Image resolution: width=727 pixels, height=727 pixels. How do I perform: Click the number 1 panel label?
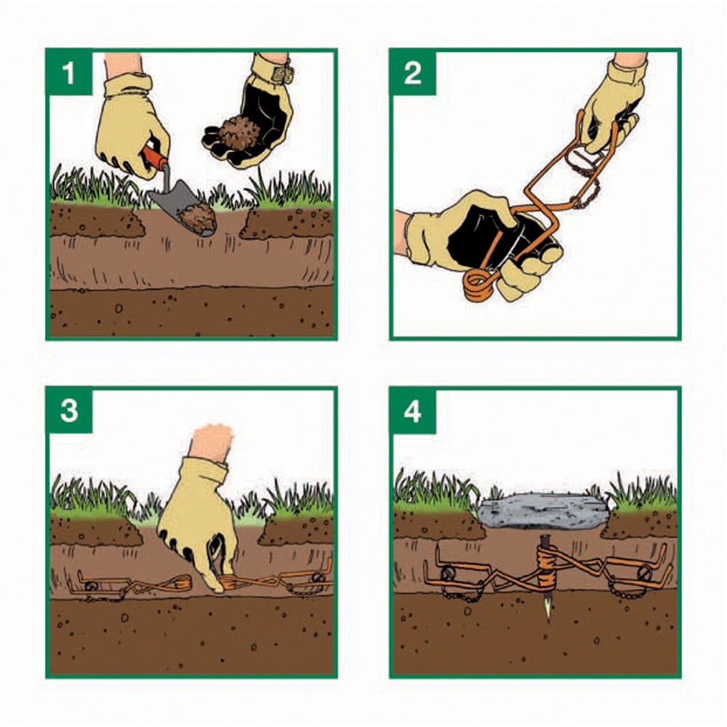pos(68,73)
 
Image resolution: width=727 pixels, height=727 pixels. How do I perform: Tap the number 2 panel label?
pos(412,73)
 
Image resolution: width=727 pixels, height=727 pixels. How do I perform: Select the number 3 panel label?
pos(68,411)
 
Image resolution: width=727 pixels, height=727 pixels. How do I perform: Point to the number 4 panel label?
pos(413,411)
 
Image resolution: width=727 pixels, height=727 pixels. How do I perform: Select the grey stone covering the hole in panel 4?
pos(542,514)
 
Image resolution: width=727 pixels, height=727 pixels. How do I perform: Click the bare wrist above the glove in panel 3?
pos(212,441)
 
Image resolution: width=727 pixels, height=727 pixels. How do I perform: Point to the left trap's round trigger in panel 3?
pos(91,585)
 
